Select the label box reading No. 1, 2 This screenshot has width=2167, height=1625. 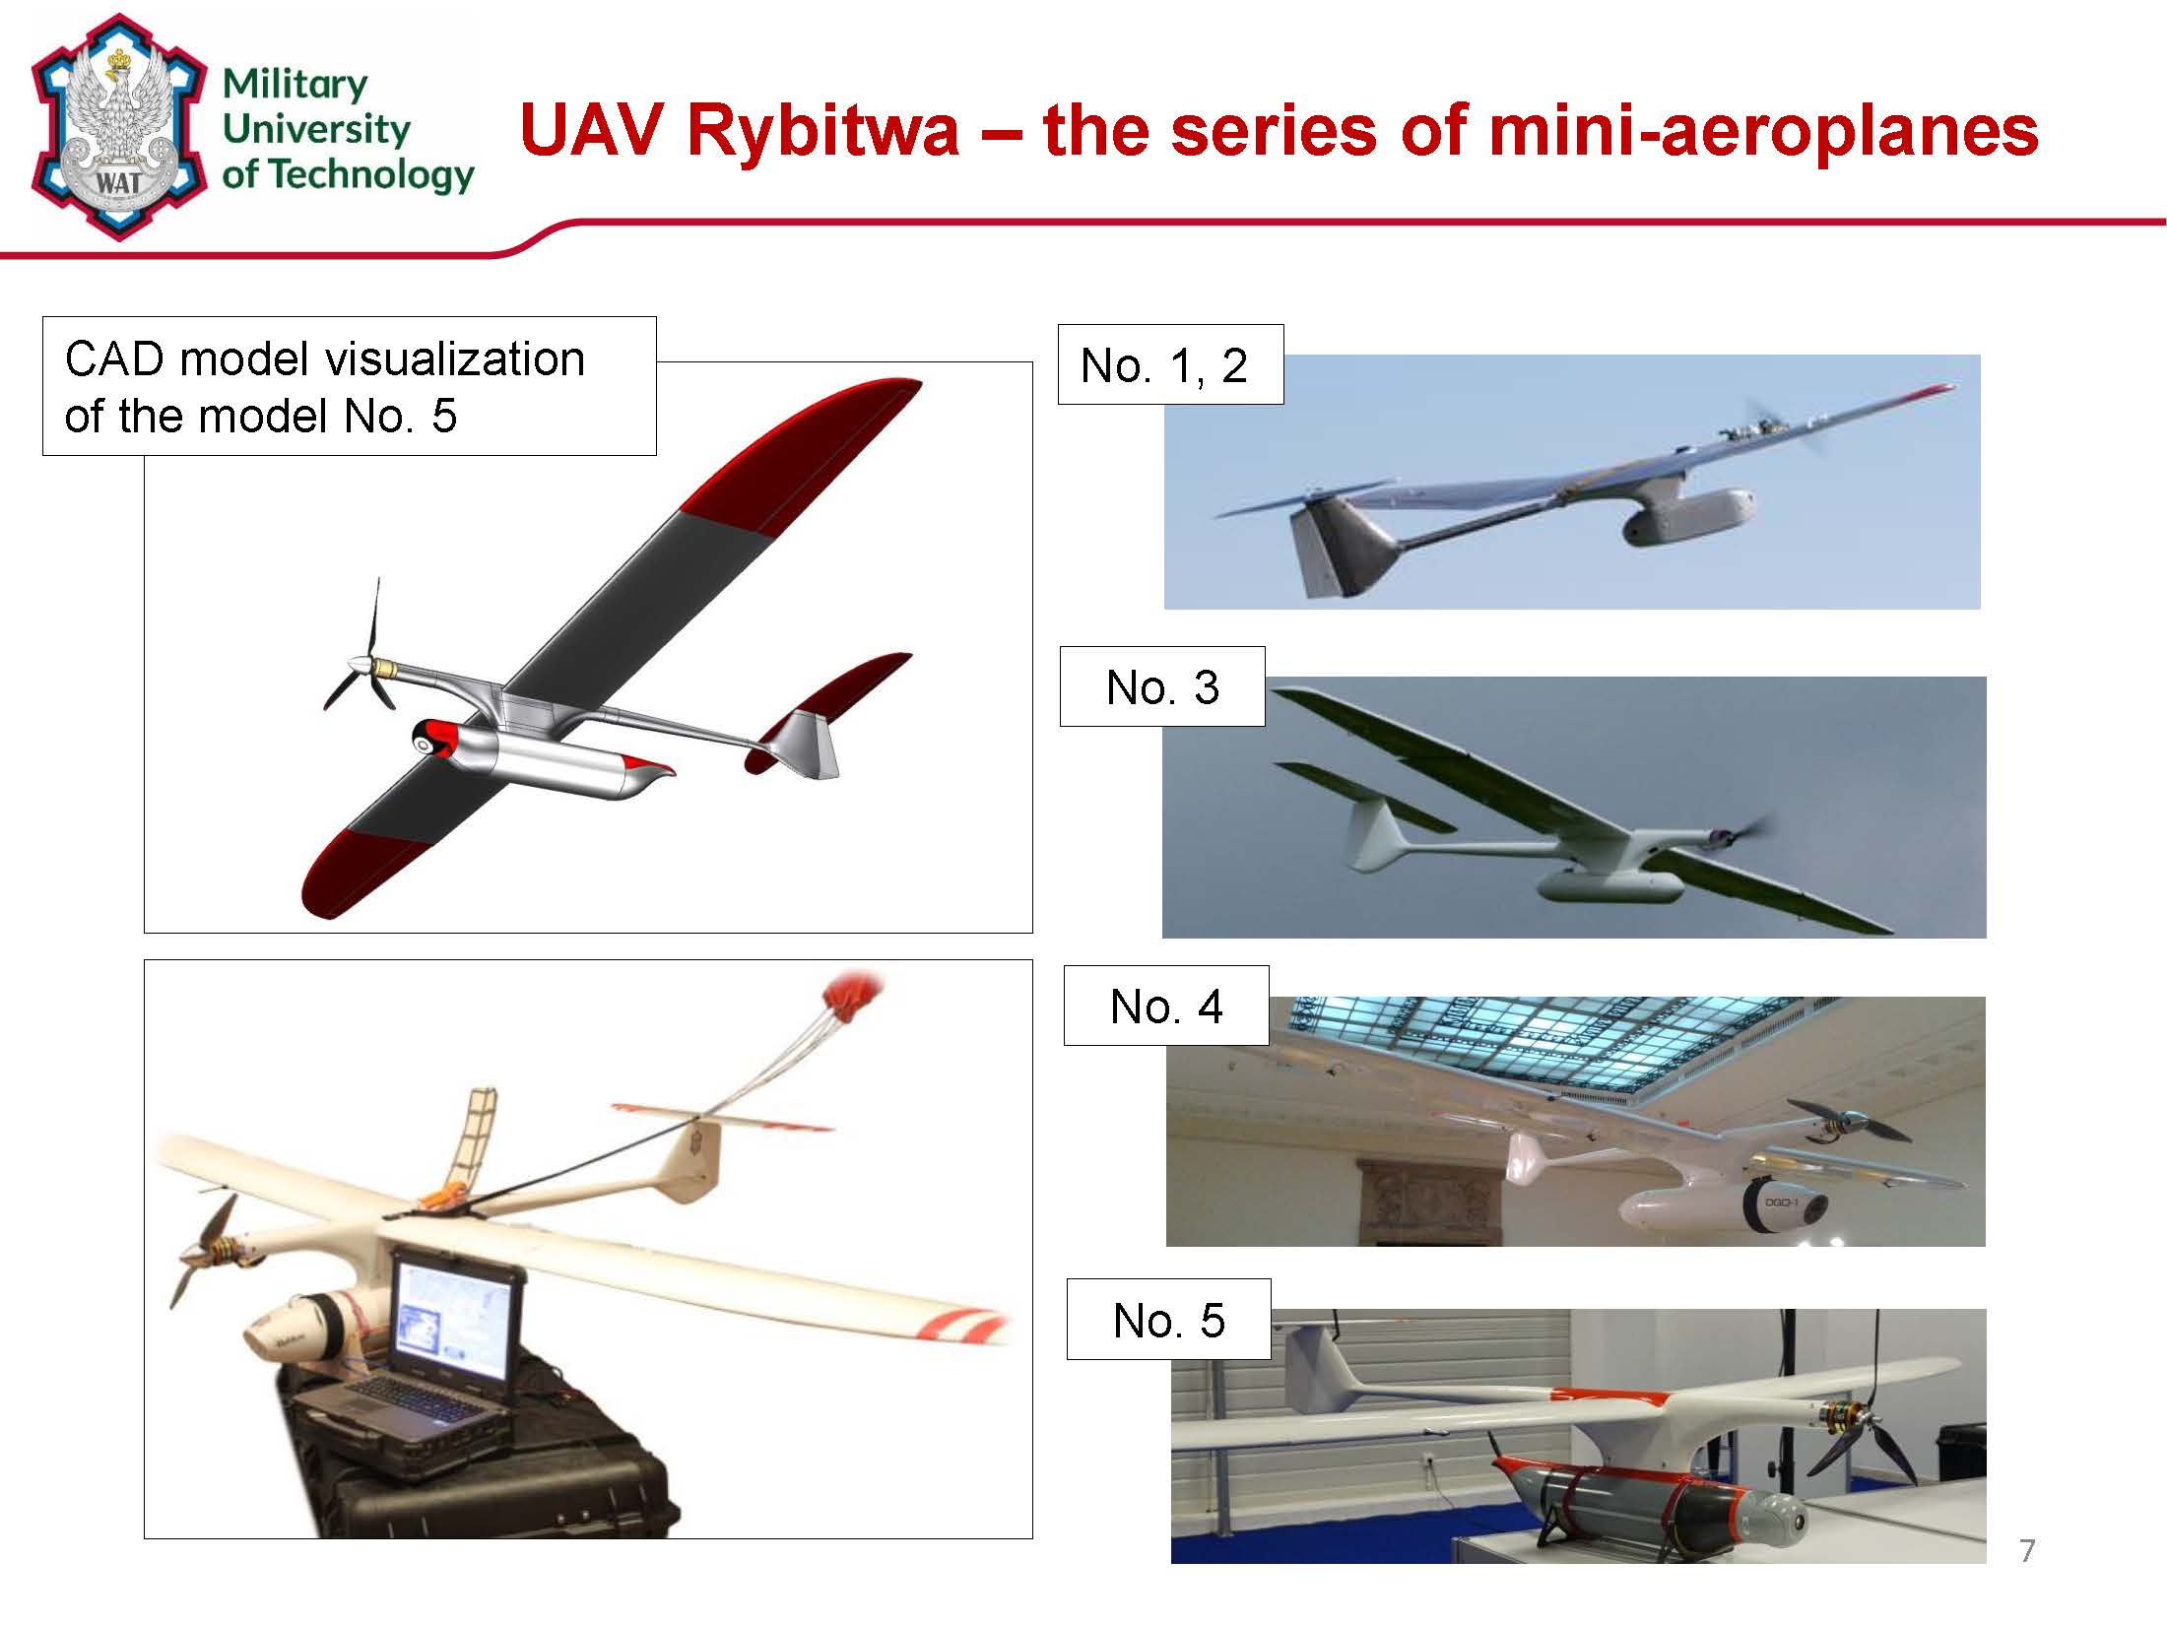(1170, 364)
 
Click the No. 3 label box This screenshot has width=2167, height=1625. (1162, 686)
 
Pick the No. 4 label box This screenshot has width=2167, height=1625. (1166, 1006)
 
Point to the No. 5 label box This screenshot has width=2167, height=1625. (1169, 1320)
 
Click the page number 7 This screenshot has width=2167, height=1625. (2027, 1551)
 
